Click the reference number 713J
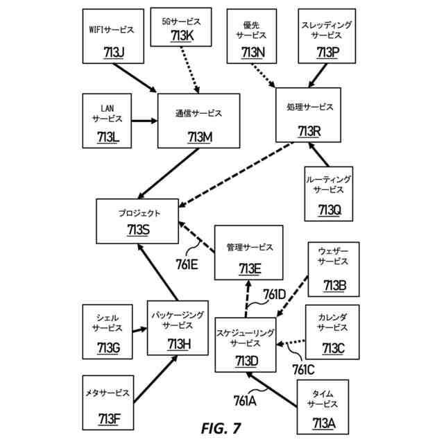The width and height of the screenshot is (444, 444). point(114,52)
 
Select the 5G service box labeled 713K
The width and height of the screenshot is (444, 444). point(181,27)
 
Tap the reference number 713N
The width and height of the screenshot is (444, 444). point(253,53)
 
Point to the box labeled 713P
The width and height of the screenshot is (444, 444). point(327,36)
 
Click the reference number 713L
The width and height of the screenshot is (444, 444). point(108,137)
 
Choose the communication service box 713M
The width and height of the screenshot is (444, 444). point(199,121)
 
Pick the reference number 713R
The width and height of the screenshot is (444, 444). point(309,131)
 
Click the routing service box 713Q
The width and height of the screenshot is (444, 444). point(328,194)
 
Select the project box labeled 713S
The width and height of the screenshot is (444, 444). point(137,221)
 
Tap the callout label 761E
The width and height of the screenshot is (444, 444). point(187,265)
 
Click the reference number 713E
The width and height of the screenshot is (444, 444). point(250,268)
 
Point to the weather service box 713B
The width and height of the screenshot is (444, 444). point(334,269)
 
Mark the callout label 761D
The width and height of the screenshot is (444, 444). point(275,294)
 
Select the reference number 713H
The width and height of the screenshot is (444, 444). point(179,344)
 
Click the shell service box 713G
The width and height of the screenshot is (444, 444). point(108,332)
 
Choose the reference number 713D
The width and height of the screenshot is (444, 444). point(247,361)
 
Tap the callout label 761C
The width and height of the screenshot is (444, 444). point(303,370)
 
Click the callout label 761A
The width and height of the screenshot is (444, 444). point(245,401)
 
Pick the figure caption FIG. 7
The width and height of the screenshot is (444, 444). point(221,428)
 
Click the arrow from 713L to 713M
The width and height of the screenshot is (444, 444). point(144,121)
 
